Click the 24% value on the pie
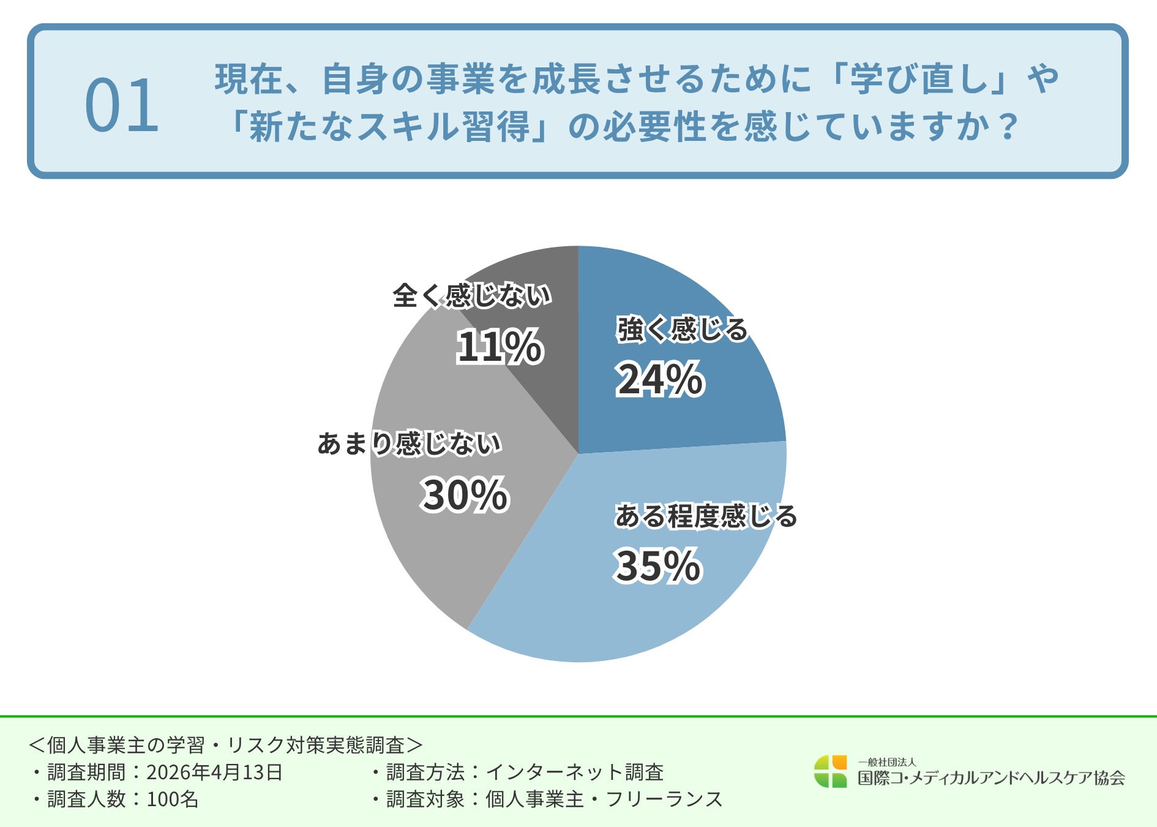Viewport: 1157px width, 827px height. tap(660, 380)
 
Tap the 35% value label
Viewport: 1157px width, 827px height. tap(657, 565)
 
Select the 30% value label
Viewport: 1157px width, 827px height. tap(465, 495)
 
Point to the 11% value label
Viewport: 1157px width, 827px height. tap(500, 347)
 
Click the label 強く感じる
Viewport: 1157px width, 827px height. tap(682, 330)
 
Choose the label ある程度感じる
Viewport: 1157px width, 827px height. tap(706, 516)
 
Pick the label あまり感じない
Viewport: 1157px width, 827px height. tap(410, 444)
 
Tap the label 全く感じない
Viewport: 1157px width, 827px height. tap(472, 296)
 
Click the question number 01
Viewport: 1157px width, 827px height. tap(122, 106)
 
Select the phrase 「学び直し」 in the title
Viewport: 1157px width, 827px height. tap(919, 79)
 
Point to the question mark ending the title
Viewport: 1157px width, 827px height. tap(1006, 127)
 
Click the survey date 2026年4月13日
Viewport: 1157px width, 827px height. tap(214, 772)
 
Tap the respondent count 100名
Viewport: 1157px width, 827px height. tap(173, 799)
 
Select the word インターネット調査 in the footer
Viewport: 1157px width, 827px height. tap(574, 772)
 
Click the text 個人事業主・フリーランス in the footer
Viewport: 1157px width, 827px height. tap(604, 799)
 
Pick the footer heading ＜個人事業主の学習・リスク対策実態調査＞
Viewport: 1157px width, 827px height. tap(226, 745)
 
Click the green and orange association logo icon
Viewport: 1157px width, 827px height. tap(830, 771)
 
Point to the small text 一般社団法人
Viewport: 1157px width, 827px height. tap(886, 762)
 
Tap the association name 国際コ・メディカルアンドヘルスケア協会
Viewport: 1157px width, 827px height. tap(991, 778)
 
